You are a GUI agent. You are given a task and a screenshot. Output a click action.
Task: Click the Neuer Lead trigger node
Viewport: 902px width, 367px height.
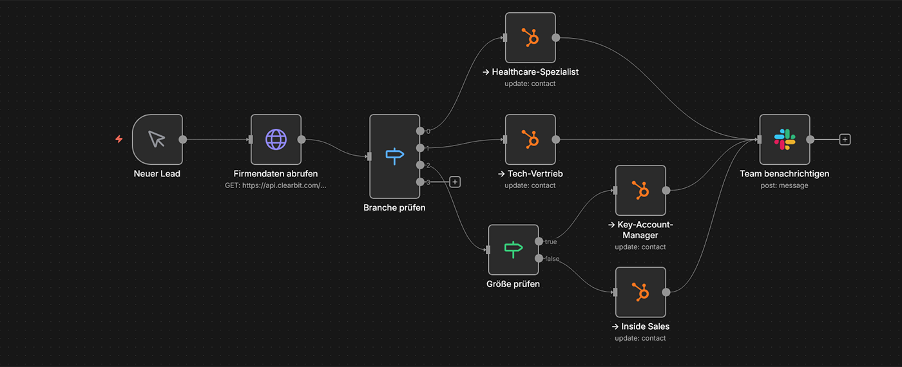[157, 139]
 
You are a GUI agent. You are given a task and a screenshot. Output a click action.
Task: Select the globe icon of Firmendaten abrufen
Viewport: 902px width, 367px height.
[276, 139]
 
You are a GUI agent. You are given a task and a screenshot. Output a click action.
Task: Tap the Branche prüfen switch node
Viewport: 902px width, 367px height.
[394, 156]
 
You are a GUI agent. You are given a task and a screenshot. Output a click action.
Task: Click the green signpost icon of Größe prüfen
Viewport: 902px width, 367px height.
[513, 249]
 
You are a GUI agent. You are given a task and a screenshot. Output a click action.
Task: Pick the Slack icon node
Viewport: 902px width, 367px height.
[784, 139]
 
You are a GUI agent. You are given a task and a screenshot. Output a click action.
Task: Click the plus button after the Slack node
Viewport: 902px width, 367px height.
[845, 139]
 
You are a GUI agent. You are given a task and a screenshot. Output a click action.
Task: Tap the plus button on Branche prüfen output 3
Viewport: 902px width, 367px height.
[455, 182]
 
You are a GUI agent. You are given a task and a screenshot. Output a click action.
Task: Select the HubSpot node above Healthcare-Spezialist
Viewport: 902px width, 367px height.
[530, 37]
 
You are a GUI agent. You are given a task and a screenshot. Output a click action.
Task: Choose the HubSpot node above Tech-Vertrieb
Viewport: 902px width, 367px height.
[530, 139]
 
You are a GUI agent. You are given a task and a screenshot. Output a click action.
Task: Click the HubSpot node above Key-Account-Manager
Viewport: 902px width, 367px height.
[640, 190]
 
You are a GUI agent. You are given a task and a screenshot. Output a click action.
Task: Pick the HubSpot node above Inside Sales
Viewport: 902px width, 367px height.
[640, 292]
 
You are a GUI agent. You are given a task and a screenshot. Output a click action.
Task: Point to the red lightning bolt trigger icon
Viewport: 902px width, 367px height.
[119, 139]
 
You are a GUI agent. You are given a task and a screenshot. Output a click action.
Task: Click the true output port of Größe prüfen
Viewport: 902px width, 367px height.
[539, 241]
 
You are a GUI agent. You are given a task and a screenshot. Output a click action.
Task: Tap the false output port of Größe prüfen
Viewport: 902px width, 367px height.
[539, 258]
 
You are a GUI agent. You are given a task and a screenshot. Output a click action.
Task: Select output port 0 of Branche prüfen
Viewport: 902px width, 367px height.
[420, 131]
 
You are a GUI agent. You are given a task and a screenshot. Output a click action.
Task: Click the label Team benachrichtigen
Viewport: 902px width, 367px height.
[784, 174]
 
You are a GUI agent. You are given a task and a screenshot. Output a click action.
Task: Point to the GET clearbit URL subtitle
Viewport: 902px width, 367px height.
[276, 185]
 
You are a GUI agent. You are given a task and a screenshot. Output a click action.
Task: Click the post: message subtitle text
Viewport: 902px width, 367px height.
[784, 185]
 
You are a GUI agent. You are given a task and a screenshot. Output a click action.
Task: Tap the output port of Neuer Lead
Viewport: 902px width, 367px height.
[183, 139]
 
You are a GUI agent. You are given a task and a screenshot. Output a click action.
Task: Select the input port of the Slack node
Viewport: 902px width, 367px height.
[759, 139]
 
